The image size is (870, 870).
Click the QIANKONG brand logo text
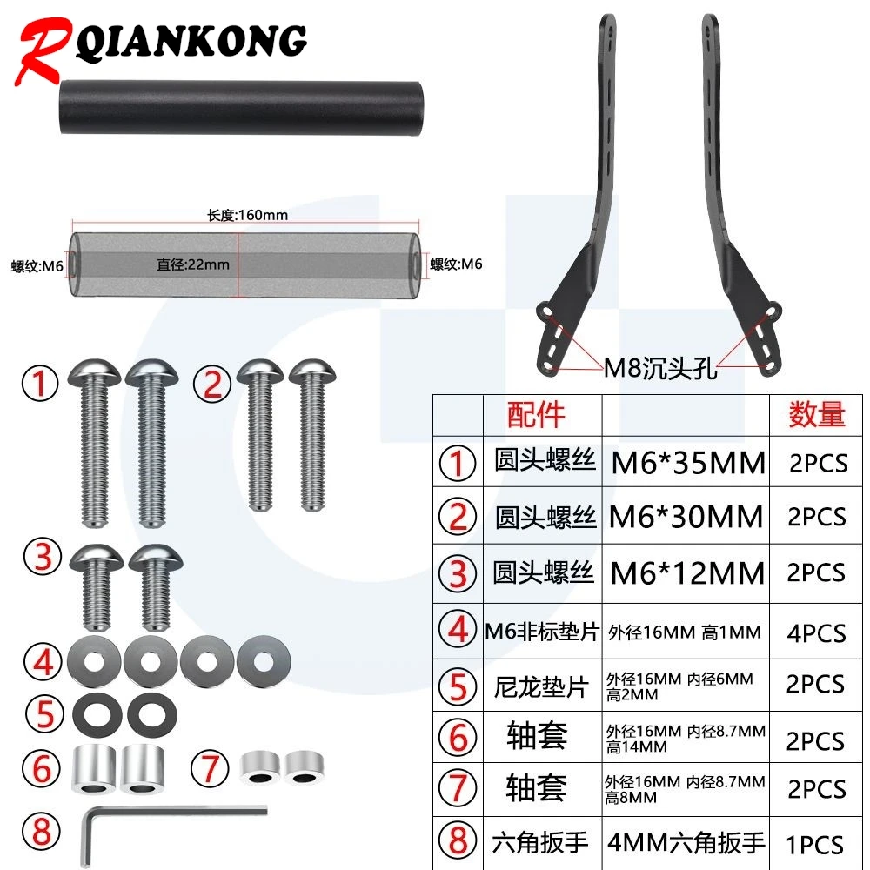point(191,43)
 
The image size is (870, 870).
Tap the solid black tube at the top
point(241,108)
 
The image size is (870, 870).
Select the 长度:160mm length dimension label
point(247,215)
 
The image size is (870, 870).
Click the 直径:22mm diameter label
point(193,264)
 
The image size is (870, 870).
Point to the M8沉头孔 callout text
point(660,368)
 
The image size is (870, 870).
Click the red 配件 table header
point(536,414)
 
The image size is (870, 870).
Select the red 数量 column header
point(817,414)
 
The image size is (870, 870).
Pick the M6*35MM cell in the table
point(688,463)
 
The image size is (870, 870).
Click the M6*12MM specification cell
point(687,573)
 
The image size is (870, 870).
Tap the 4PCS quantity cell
point(817,633)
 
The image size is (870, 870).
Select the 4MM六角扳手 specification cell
point(686,842)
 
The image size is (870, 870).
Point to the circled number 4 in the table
point(458,630)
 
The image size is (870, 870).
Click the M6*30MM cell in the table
point(686,517)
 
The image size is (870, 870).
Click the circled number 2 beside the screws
point(212,384)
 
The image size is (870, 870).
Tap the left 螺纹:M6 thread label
point(37,266)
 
